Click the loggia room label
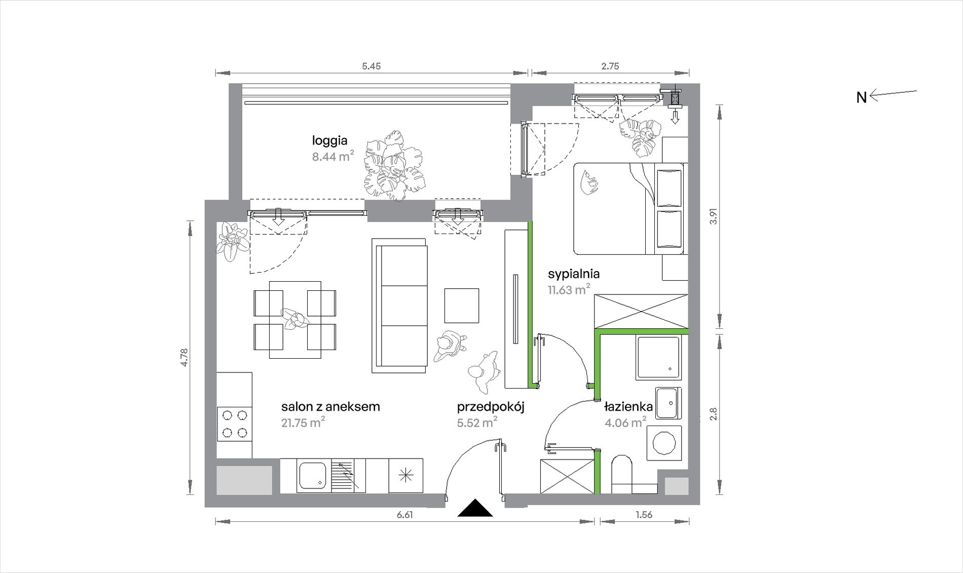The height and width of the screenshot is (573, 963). (329, 141)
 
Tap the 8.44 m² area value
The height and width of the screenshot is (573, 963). (333, 156)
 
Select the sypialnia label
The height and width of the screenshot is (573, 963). (574, 274)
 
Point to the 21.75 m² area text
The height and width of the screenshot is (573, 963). (303, 423)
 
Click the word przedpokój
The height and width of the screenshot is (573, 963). (491, 407)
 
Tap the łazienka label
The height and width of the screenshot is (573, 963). (628, 406)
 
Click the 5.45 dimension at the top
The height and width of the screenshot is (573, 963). (372, 66)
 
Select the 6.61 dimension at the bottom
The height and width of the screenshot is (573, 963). (404, 515)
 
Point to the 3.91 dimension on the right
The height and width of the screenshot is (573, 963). (714, 217)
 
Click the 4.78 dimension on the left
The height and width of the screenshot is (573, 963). (184, 358)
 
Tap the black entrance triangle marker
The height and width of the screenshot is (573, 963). (475, 508)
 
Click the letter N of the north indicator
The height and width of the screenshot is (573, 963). (862, 97)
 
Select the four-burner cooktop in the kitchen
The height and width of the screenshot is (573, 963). (235, 424)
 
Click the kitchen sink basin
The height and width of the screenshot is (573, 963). (313, 475)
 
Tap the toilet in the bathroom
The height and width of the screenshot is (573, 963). (622, 474)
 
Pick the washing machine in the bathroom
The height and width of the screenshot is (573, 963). (664, 443)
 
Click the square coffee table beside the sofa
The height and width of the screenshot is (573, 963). (462, 305)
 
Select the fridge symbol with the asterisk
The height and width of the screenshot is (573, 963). (406, 475)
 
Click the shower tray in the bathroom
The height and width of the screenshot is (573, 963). (658, 358)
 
